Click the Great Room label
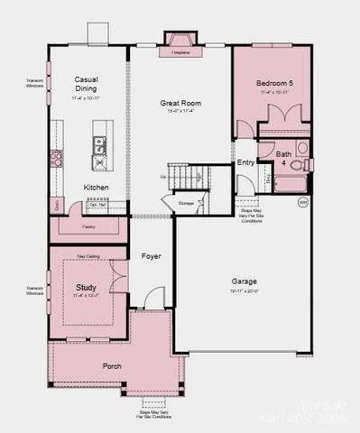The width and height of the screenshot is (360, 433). (180, 103)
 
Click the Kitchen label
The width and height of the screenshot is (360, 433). (97, 187)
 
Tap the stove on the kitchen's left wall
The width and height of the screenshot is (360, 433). (56, 160)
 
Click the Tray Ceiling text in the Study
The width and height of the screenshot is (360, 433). (88, 256)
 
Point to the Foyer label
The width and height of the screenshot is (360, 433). (151, 256)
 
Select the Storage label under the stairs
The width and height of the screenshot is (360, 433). (186, 204)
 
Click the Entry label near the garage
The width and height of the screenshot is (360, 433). (245, 162)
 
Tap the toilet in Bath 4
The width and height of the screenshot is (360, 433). (306, 164)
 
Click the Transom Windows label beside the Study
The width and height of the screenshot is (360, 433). (34, 290)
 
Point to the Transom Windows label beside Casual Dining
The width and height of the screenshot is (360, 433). (34, 83)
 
